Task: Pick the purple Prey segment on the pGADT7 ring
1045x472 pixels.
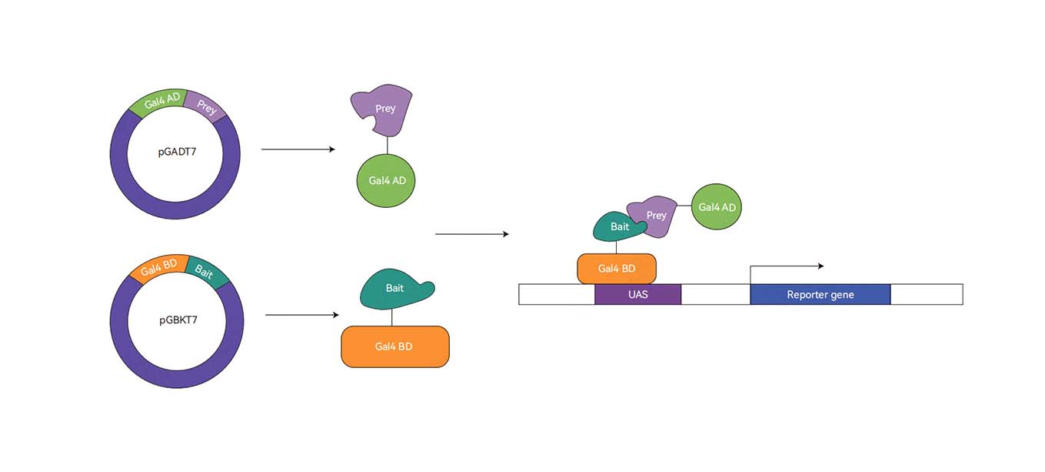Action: (206, 107)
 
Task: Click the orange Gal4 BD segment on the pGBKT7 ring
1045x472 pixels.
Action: (159, 267)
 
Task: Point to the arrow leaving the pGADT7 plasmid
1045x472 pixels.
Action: (298, 149)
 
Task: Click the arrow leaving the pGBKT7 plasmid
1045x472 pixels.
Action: (301, 315)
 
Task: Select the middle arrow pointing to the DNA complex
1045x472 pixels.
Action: (471, 234)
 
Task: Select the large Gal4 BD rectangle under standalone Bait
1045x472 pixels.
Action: (394, 346)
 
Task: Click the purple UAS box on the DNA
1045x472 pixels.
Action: (637, 294)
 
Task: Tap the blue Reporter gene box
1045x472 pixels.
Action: (820, 294)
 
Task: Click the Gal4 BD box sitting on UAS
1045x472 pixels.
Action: (617, 269)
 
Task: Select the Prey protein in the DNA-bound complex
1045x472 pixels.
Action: (655, 215)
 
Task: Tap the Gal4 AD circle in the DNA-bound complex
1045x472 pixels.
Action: (717, 207)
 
